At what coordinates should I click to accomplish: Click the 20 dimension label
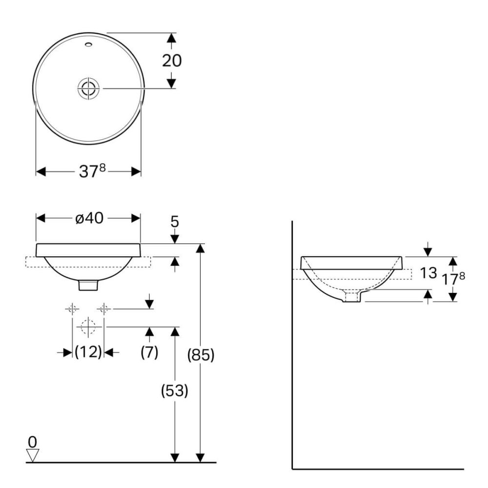coord(171,61)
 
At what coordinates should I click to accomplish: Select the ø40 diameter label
coord(89,218)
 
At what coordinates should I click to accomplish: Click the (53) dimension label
coord(174,390)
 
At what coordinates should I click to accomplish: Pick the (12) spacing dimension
coord(88,352)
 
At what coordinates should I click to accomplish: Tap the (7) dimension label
coord(149,352)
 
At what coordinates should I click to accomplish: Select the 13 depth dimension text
coord(428,273)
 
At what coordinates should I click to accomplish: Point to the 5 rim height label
coord(175,222)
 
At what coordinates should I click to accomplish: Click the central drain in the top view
coord(88,88)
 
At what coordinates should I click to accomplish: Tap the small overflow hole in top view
coord(88,45)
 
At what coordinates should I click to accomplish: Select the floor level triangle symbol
coord(33,455)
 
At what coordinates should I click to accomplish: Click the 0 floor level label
coord(32,442)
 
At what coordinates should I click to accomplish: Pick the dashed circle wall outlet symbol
coord(88,327)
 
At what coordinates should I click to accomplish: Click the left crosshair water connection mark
coord(72,308)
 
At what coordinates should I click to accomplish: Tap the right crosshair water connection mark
coord(103,308)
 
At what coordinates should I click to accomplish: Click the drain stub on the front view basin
coord(88,285)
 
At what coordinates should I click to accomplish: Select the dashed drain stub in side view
coord(352,296)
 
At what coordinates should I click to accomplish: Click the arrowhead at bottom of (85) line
coord(200,457)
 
